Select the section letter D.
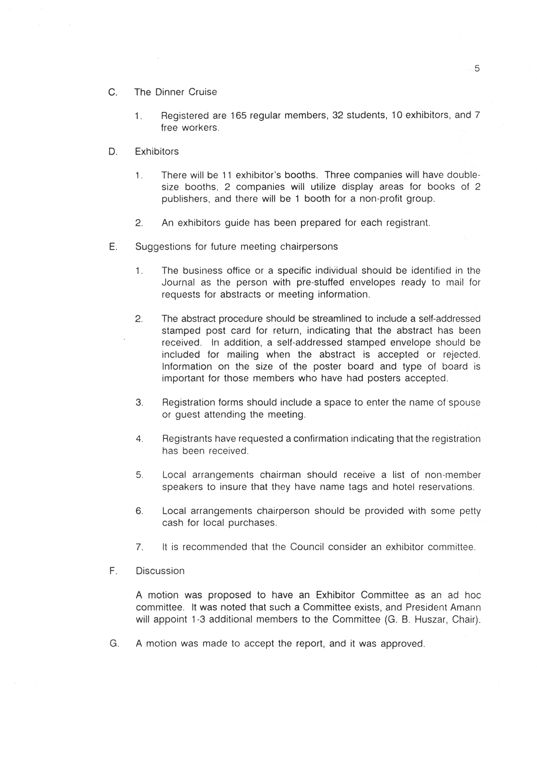[112, 152]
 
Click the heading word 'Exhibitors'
[157, 152]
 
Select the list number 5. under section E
[139, 475]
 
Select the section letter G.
[114, 644]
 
